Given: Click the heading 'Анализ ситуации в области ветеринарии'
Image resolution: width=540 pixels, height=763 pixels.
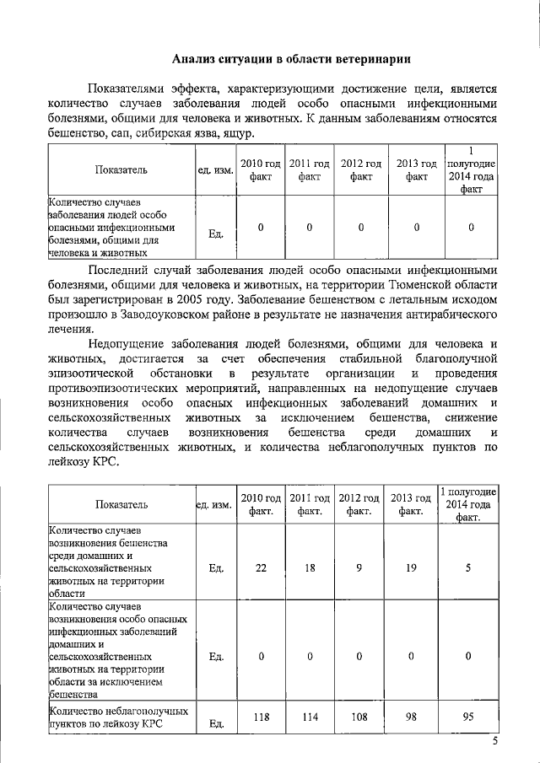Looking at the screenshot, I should [x=291, y=59].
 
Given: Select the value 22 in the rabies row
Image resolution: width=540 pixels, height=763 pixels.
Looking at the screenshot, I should [x=261, y=568].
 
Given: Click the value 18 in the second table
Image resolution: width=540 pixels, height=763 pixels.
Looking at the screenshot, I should [x=310, y=568].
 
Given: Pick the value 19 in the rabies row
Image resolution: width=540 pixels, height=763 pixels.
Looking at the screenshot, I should [x=411, y=568].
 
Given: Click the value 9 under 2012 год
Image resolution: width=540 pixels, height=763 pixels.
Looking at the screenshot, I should [x=359, y=568].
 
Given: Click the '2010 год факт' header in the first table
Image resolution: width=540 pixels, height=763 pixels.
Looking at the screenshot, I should [x=261, y=170].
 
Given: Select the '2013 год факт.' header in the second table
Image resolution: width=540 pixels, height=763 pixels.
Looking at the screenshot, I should [x=411, y=504].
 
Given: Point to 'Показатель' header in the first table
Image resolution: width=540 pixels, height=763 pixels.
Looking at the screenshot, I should [x=121, y=170].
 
